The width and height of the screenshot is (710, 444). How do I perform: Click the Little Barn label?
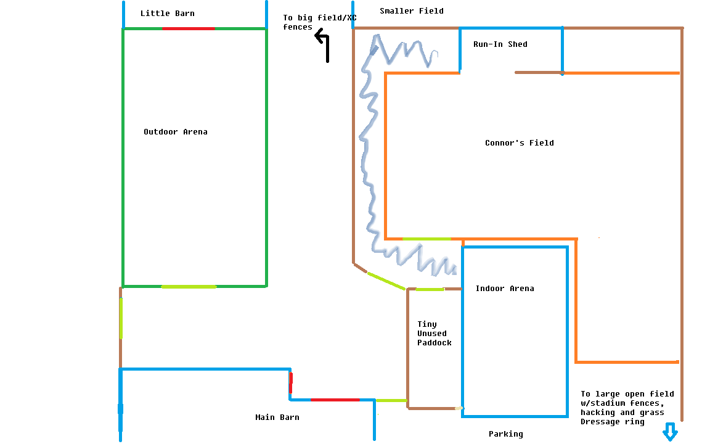167,14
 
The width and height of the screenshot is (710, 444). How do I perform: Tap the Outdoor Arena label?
176,132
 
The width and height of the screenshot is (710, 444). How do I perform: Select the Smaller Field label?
412,11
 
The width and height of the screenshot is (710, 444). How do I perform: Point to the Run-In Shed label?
500,44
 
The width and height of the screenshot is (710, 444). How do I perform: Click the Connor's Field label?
520,142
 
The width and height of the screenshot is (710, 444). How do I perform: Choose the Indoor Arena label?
505,289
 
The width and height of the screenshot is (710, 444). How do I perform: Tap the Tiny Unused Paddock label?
435,334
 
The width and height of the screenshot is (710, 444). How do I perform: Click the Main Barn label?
277,417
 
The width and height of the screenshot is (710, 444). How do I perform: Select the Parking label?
506,434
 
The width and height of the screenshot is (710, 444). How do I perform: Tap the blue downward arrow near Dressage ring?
670,431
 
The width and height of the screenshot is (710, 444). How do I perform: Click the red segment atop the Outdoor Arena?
189,28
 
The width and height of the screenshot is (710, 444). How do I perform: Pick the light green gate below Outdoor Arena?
189,287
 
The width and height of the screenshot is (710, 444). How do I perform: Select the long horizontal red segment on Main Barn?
335,400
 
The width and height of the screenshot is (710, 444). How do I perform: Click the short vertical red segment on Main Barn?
291,383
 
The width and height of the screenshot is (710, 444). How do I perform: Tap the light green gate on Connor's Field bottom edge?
426,239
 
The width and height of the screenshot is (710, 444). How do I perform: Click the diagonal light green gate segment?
386,281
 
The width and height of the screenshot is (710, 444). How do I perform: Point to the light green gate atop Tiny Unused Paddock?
430,289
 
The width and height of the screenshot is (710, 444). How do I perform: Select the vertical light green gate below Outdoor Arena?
121,318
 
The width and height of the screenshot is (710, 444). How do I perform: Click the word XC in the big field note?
352,18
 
